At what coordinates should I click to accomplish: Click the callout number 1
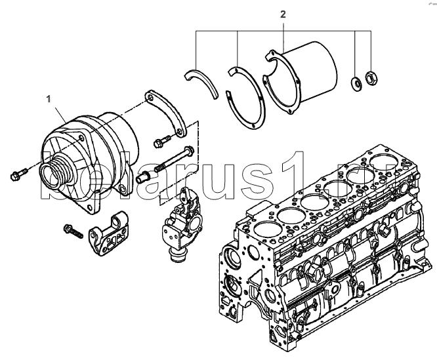click(x=48, y=99)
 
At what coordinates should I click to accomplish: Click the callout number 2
click(x=283, y=14)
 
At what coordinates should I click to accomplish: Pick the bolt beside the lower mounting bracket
click(x=72, y=230)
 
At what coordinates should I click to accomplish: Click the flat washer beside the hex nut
click(x=356, y=82)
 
